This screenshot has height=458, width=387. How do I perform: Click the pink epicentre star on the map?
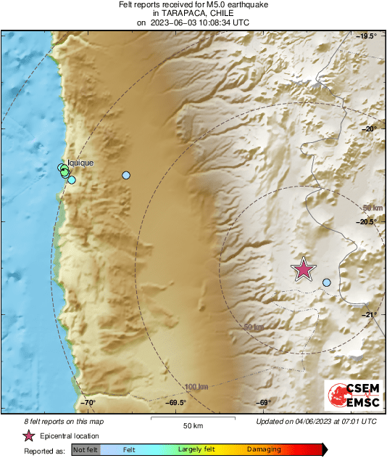coord(304,269)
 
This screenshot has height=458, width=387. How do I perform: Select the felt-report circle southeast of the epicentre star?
coord(327,282)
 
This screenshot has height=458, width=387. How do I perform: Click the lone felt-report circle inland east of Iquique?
coord(126,176)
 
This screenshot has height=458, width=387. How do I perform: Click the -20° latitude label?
coord(369,129)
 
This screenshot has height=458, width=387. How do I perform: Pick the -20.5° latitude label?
coord(367,222)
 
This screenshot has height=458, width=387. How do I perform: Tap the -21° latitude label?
coord(369,315)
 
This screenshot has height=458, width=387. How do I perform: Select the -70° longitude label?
coord(87,403)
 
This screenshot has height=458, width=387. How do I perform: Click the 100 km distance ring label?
coord(196,386)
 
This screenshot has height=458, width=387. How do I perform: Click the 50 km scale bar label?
coord(192,425)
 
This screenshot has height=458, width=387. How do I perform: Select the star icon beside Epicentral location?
coord(28,436)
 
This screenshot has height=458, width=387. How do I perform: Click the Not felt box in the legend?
coord(85,450)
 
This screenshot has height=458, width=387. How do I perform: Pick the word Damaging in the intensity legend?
coord(264,450)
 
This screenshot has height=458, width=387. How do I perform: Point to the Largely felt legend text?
coord(195,450)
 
